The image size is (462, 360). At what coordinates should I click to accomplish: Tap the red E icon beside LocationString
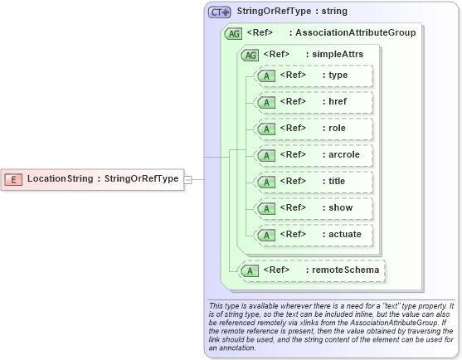pos(13,179)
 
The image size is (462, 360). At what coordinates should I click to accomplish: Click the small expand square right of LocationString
pos(187,179)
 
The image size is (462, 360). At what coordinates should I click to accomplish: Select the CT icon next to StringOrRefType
pos(219,12)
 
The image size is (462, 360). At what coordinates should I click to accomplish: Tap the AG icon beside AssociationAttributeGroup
pos(233,33)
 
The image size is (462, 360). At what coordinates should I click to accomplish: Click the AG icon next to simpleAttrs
pos(249,55)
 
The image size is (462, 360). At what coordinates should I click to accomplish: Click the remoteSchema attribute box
pos(312,270)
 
